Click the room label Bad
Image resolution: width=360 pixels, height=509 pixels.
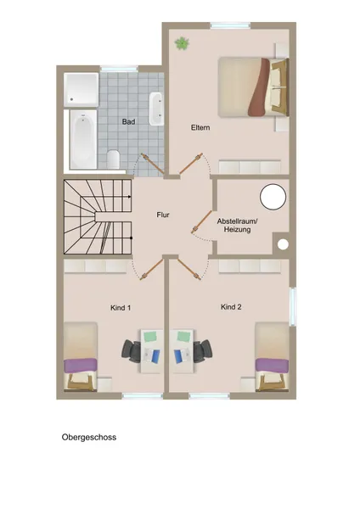tap(128, 121)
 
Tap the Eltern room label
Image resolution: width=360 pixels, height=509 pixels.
tap(200, 127)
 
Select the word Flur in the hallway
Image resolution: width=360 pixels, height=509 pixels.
tap(163, 215)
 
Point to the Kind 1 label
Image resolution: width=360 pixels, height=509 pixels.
tap(121, 308)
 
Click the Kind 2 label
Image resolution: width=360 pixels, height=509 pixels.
tap(231, 307)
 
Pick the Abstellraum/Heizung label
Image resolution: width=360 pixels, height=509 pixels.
tap(237, 226)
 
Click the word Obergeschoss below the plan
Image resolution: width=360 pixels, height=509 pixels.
tap(89, 437)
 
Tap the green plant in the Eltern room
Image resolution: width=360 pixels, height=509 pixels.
tap(182, 43)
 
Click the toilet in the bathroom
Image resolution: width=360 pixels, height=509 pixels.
tap(113, 159)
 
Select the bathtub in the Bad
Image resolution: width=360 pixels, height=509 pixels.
tap(83, 139)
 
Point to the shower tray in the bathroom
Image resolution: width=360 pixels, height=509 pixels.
tap(81, 90)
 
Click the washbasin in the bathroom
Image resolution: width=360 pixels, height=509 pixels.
tap(155, 109)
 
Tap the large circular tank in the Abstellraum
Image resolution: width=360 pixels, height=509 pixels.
tap(273, 197)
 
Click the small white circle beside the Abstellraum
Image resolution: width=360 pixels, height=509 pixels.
tap(283, 244)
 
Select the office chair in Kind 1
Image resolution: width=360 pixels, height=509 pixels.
tap(132, 351)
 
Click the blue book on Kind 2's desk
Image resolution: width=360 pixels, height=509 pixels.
tap(178, 356)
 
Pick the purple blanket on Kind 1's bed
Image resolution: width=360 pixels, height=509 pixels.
tap(81, 366)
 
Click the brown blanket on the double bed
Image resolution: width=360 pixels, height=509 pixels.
tap(259, 87)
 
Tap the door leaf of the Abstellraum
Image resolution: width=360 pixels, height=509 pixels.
tap(202, 221)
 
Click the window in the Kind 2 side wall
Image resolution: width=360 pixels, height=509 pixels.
tap(292, 306)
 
